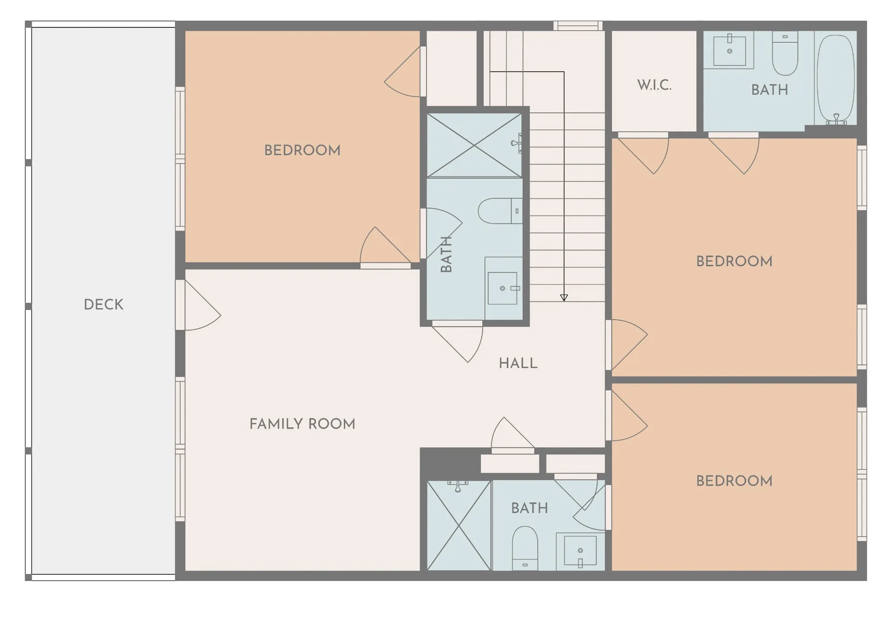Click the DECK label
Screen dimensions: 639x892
coord(103,304)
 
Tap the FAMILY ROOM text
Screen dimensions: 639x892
coord(302,424)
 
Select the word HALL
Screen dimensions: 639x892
coord(518,363)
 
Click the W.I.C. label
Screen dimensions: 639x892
coord(654,85)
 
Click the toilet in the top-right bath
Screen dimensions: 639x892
coord(785,55)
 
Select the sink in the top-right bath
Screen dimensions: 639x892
coord(729,50)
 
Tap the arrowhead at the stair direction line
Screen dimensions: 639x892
coord(564,298)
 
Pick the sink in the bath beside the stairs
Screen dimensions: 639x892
coord(503,288)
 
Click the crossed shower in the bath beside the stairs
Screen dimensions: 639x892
coord(474,145)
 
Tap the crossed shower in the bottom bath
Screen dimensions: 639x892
coord(459,526)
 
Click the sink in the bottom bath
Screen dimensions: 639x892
coord(580,551)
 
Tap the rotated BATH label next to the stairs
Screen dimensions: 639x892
coord(446,254)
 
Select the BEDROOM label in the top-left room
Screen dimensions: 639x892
coord(302,150)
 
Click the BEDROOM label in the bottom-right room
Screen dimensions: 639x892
coord(734,481)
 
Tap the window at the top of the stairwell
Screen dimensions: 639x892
coord(578,26)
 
